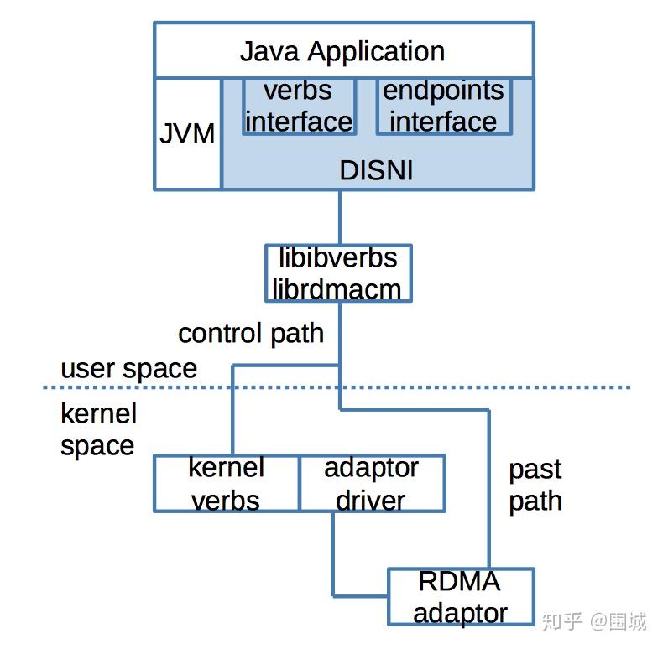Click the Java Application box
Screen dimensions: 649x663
(342, 51)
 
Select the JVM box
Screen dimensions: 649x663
(187, 133)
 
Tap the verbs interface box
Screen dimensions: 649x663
(298, 106)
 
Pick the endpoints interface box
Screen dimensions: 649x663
(443, 106)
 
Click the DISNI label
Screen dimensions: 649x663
(376, 170)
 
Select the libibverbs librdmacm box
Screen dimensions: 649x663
(338, 273)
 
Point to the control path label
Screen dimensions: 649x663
(251, 333)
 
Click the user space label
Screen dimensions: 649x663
(128, 368)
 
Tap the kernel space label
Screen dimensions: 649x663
(98, 429)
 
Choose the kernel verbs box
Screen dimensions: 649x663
(227, 484)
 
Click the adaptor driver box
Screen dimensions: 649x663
(372, 484)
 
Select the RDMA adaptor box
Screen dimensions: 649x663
(460, 596)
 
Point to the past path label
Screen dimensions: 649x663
(535, 485)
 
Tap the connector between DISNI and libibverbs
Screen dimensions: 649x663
(339, 217)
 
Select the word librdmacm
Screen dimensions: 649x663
(337, 288)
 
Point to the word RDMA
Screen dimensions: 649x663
(459, 581)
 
